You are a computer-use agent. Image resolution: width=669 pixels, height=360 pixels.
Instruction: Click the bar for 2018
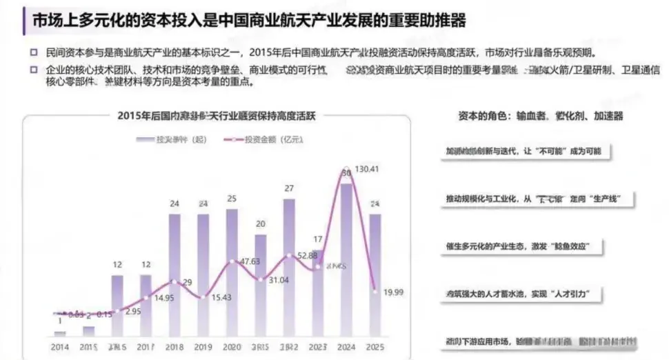pos(174,276)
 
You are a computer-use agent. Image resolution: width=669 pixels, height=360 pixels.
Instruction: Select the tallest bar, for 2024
pos(347,262)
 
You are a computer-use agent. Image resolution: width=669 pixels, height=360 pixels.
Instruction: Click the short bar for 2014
pos(60,333)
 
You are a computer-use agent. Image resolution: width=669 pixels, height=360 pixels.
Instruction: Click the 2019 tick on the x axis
pos(203,346)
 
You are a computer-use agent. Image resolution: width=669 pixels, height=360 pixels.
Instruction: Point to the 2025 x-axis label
pos(375,346)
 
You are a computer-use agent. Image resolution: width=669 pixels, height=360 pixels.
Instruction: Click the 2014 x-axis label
pos(60,346)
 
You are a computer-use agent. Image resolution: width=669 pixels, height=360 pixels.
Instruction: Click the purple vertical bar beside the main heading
pos(16,21)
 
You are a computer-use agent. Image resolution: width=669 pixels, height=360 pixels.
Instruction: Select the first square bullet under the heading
pos(33,53)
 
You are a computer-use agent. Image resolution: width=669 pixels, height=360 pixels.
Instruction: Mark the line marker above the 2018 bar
pos(174,282)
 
